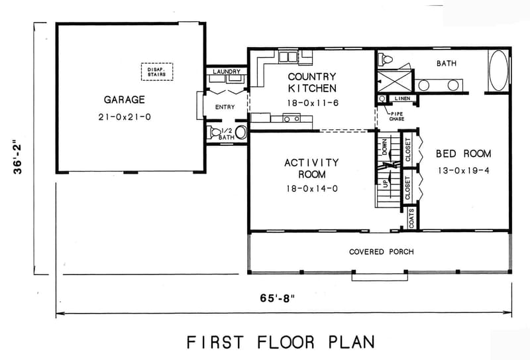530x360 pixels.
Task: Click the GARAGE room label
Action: click(x=125, y=100)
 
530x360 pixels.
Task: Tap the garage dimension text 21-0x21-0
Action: click(x=125, y=117)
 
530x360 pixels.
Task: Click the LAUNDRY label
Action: click(x=226, y=71)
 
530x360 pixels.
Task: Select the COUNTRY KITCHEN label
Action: click(x=312, y=82)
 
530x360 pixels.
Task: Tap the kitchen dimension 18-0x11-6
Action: click(x=312, y=103)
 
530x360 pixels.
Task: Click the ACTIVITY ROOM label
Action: click(x=311, y=168)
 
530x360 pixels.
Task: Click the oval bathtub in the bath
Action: click(x=498, y=71)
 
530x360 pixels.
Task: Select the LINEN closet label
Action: click(x=401, y=99)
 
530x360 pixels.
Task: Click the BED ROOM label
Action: click(x=463, y=154)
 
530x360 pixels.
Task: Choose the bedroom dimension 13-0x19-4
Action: click(x=463, y=170)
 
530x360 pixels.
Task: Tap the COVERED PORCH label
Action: click(x=382, y=252)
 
